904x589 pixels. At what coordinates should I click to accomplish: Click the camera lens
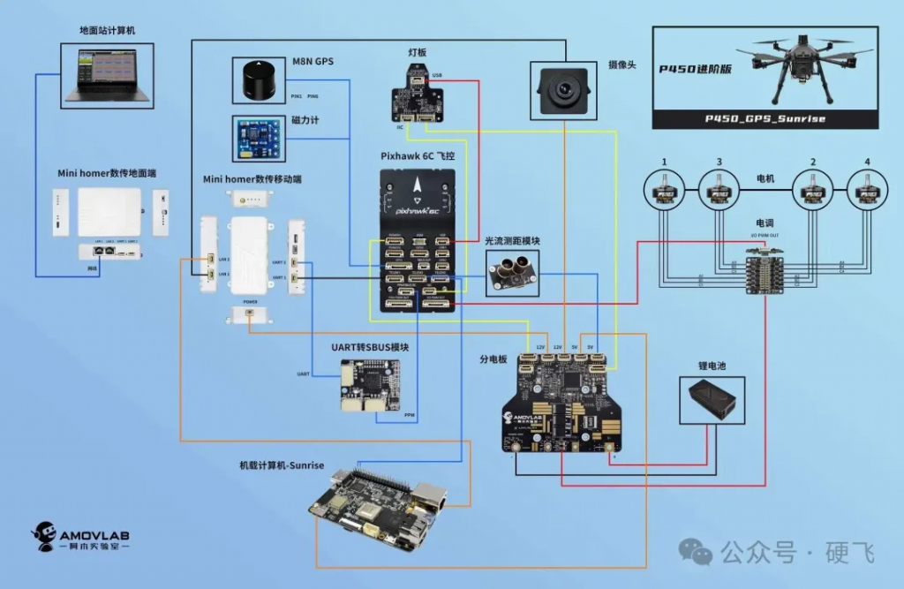click(562, 89)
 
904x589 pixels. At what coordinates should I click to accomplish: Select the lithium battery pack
click(712, 397)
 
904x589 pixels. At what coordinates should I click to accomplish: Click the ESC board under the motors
click(765, 270)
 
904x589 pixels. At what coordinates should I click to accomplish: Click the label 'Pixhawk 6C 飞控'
click(418, 155)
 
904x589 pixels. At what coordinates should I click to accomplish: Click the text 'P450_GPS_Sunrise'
click(765, 119)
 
